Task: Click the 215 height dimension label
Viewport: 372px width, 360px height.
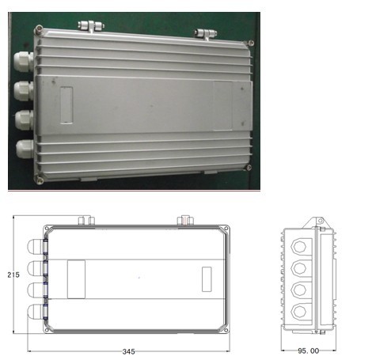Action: coord(13,275)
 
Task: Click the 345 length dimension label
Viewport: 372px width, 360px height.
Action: coord(129,351)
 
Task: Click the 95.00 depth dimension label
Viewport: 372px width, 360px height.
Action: coord(308,351)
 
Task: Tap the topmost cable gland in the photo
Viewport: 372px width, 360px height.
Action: coord(23,62)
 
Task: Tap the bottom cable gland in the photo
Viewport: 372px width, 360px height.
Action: coord(25,149)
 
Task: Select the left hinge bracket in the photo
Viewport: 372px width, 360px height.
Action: coord(91,26)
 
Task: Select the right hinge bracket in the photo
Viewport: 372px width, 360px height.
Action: coord(206,34)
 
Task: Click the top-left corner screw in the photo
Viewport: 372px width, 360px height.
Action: coord(39,28)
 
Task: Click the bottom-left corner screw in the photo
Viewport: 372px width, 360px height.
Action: coord(40,180)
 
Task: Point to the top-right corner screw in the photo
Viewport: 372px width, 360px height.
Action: coord(251,43)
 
